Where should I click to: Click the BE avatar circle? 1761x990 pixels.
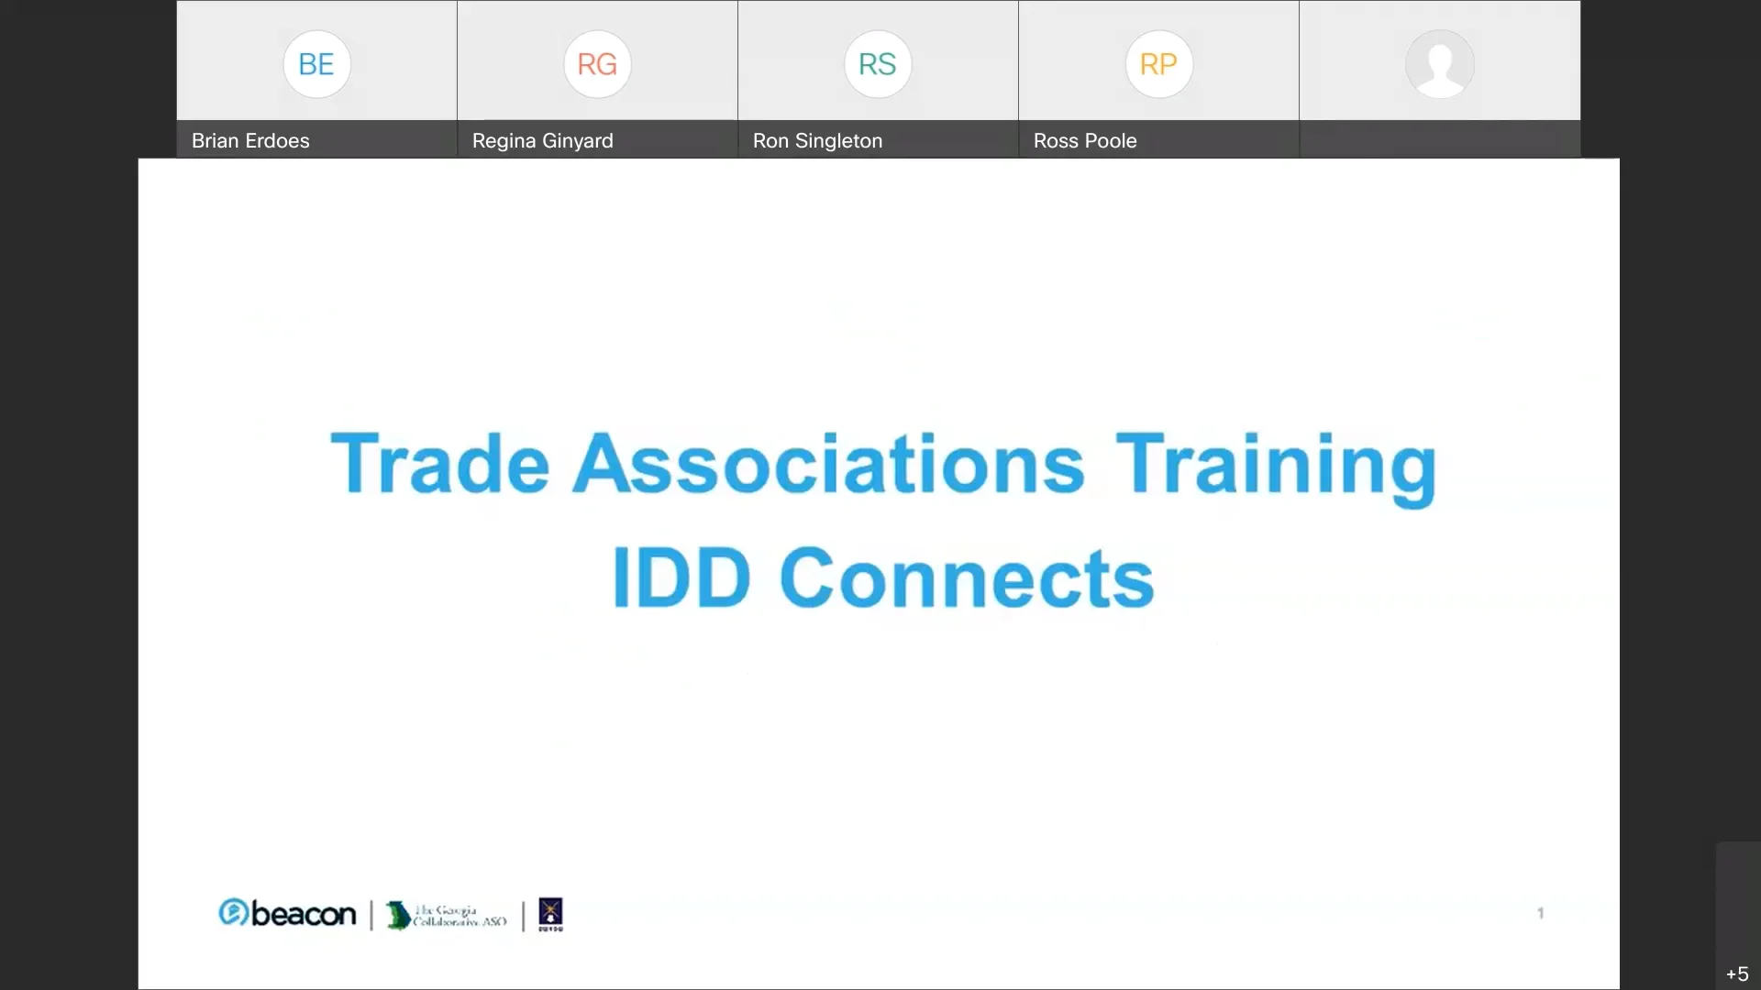click(316, 64)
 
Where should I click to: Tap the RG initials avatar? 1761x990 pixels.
click(597, 64)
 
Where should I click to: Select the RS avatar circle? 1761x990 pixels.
click(878, 64)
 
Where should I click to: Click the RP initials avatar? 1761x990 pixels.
click(1158, 64)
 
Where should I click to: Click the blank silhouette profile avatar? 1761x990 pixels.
click(1439, 64)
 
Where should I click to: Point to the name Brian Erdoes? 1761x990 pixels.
click(250, 141)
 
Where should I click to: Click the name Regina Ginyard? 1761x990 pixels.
click(542, 141)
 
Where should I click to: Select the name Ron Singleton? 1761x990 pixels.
click(817, 141)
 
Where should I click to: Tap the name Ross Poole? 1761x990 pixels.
click(1085, 141)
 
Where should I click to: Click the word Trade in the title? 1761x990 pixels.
click(439, 464)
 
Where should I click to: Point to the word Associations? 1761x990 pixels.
click(829, 464)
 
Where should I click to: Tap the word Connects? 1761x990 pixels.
click(967, 578)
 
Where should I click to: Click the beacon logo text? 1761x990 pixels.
click(304, 914)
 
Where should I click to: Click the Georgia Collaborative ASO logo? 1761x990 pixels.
click(447, 915)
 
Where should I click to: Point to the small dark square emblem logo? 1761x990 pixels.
click(550, 913)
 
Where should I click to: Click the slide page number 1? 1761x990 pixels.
click(1541, 913)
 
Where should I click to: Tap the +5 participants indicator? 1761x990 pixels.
click(1737, 973)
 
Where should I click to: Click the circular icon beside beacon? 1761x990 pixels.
click(233, 912)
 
